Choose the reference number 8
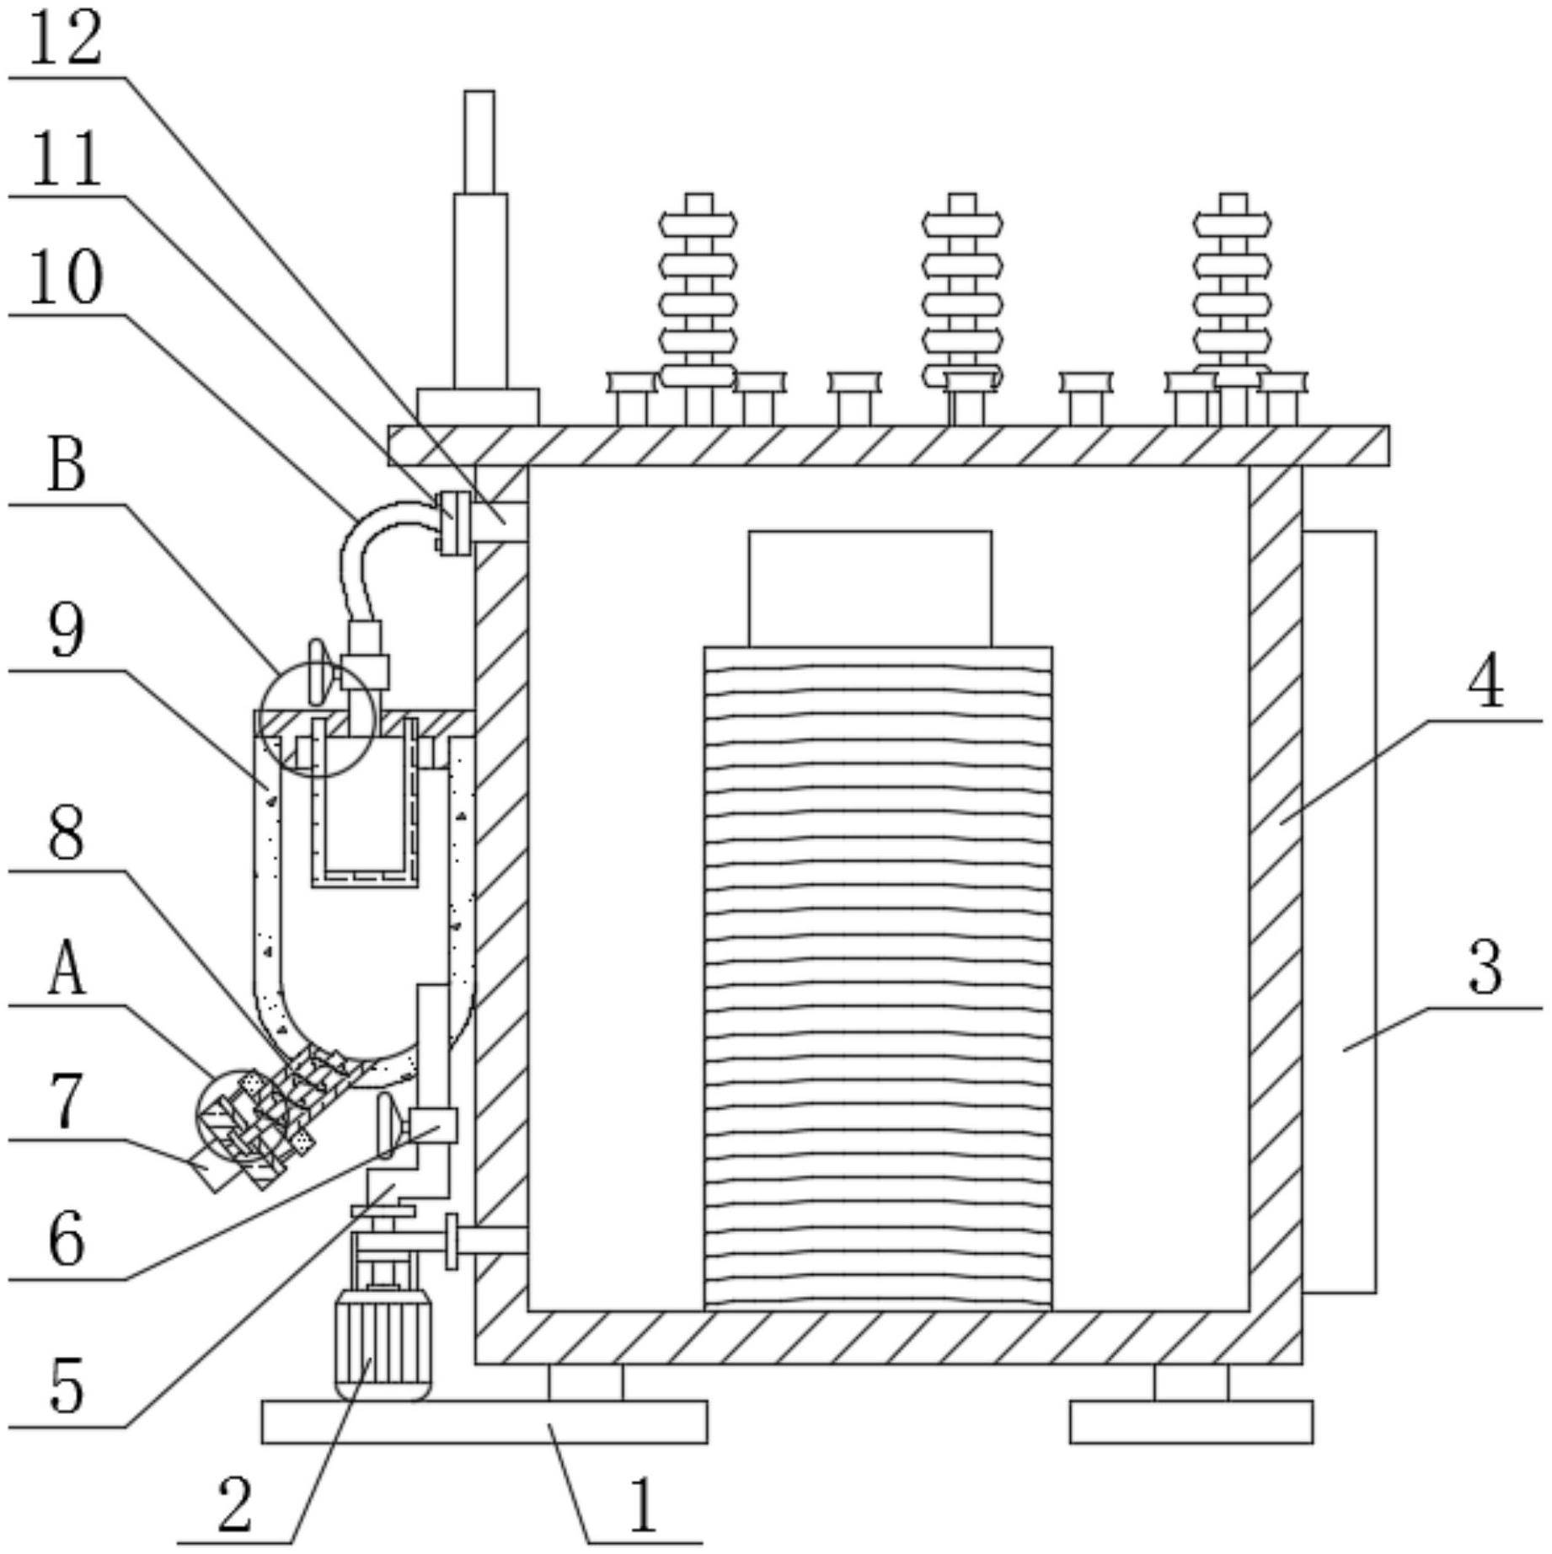click(67, 834)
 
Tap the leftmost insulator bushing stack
click(698, 309)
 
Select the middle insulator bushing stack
click(962, 309)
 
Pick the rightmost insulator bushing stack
click(1233, 309)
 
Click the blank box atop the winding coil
click(870, 589)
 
